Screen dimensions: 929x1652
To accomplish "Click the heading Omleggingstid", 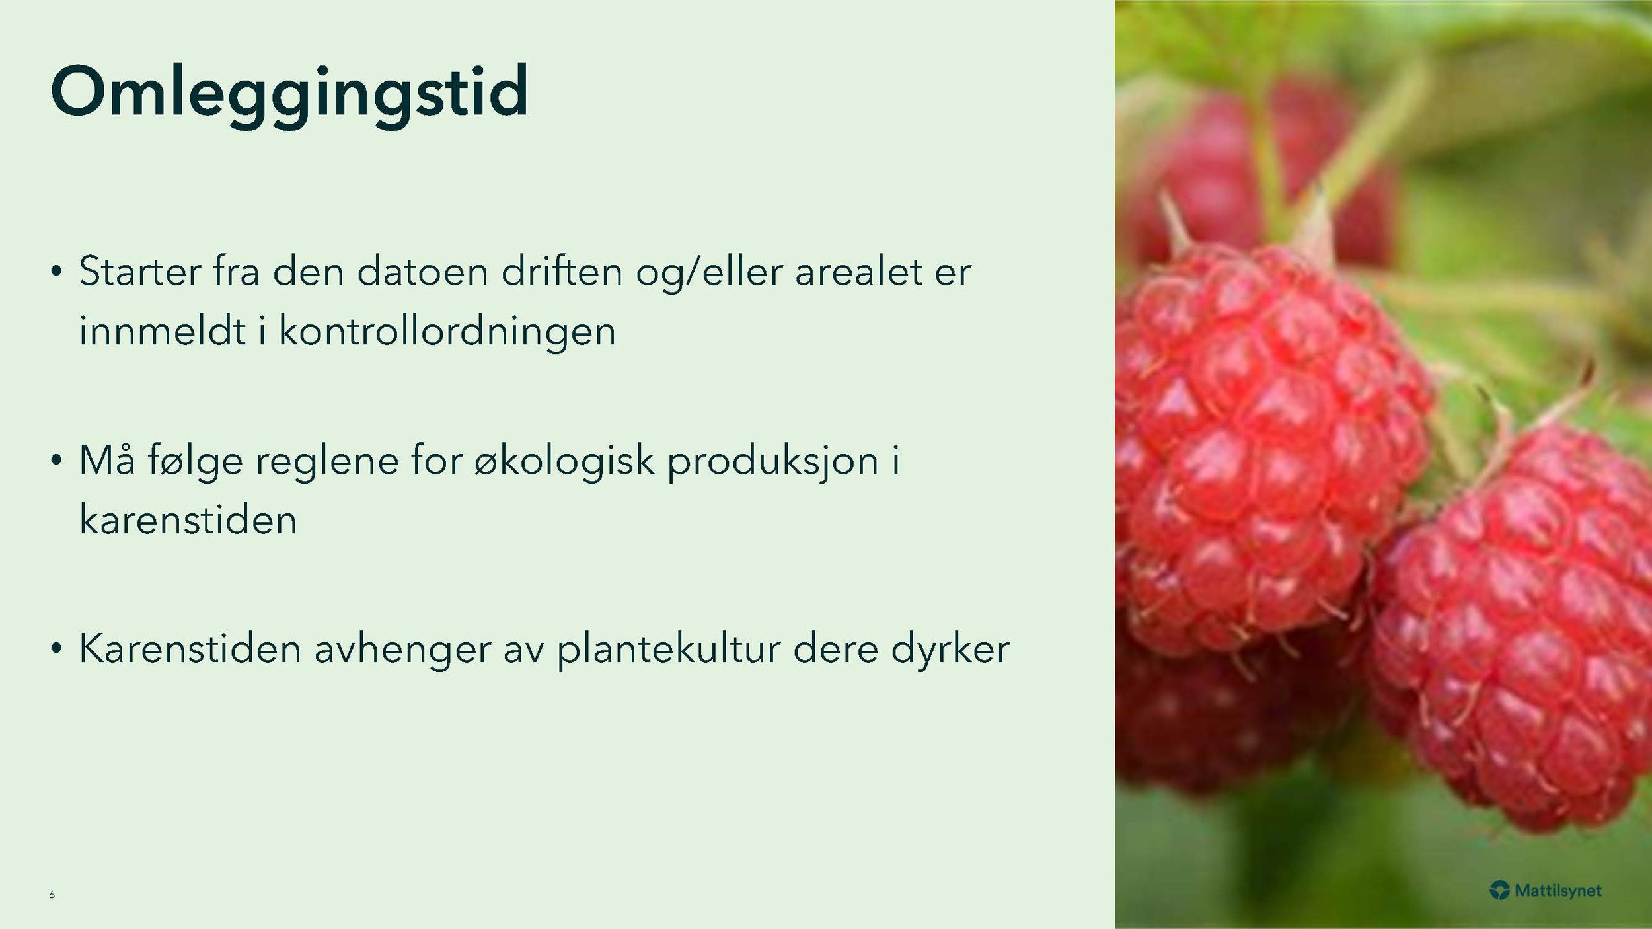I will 289,93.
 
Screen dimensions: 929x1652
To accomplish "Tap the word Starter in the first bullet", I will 139,272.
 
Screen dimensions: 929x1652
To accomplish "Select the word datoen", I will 422,272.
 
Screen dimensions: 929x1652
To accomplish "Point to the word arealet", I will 858,272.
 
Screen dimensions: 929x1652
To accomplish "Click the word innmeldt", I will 162,331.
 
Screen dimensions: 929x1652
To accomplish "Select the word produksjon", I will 772,461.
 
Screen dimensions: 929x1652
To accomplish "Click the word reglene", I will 327,461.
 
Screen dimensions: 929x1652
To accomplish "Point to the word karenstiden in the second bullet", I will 188,520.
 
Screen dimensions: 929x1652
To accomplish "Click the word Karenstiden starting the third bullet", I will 190,649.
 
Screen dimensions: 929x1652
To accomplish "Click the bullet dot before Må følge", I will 57,460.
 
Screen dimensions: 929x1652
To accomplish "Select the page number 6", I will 52,895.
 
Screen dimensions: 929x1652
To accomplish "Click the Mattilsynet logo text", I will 1558,891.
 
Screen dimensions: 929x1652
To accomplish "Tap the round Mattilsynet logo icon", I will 1499,891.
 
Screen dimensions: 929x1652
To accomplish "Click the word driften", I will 562,272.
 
